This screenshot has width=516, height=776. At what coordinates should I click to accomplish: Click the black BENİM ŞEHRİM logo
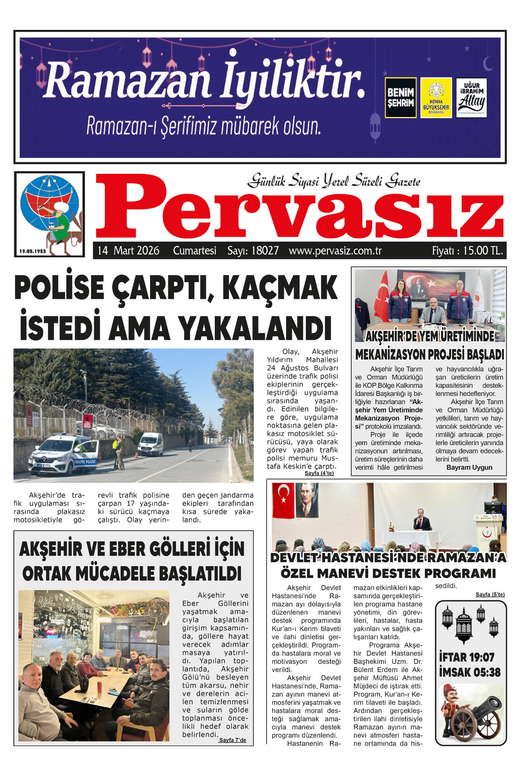[x=400, y=98]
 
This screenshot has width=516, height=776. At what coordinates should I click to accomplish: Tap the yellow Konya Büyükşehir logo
[x=436, y=98]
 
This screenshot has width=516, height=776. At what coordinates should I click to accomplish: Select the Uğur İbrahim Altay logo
[x=471, y=98]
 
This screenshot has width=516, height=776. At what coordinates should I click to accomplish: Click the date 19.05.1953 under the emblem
[x=33, y=251]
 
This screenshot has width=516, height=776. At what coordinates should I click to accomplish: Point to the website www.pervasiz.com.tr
[x=335, y=251]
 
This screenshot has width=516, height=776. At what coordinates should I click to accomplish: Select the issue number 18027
[x=265, y=251]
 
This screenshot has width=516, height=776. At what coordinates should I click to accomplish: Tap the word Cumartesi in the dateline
[x=194, y=251]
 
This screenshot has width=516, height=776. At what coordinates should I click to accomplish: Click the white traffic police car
[x=64, y=454]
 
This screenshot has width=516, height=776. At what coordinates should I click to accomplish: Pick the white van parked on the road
[x=150, y=444]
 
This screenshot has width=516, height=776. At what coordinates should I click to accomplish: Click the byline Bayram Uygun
[x=469, y=468]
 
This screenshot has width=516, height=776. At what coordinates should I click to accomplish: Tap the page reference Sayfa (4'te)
[x=319, y=473]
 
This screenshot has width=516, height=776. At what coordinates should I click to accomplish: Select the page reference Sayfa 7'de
[x=232, y=740]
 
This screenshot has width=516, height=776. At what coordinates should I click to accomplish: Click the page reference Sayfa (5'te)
[x=490, y=594]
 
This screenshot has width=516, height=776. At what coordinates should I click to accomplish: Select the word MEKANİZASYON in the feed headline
[x=392, y=355]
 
